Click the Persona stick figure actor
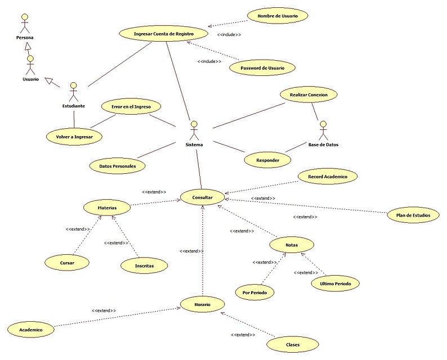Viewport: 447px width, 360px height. (24, 23)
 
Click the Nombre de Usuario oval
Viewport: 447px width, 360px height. (278, 16)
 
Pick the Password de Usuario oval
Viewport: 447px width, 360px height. (262, 67)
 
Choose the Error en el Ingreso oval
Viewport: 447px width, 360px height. (131, 106)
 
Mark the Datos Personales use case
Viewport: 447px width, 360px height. (117, 165)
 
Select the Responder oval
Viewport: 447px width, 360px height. (268, 160)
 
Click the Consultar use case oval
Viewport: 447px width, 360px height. (202, 197)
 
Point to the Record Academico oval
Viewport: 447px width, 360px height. (328, 177)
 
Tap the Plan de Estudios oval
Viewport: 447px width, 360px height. (413, 215)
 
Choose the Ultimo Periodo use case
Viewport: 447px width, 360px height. (335, 283)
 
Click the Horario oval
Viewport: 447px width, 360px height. (202, 304)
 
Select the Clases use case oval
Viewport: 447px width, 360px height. (293, 344)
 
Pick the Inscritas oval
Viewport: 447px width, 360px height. (145, 264)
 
